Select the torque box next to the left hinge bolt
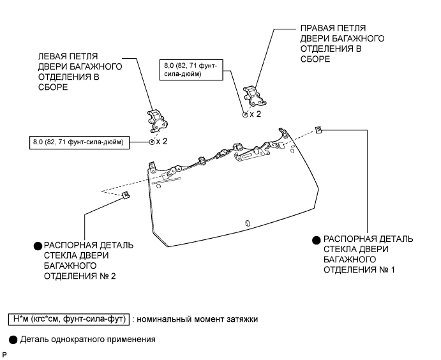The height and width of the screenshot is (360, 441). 80,141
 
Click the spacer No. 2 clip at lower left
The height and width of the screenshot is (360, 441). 125,195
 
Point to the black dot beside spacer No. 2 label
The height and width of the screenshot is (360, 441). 38,246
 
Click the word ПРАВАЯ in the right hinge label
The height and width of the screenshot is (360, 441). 316,29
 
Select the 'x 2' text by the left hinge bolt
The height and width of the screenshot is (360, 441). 161,141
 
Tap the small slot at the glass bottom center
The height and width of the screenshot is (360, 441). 248,223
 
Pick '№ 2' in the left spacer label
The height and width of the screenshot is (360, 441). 109,276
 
